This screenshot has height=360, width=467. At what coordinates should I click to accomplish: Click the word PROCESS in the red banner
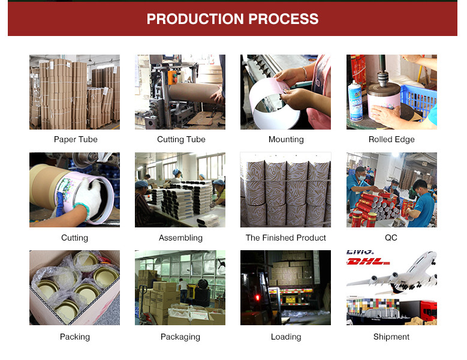click(x=283, y=19)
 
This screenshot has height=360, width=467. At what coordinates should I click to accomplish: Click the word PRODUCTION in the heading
click(x=195, y=19)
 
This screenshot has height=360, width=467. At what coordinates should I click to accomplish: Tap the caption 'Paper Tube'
click(x=76, y=139)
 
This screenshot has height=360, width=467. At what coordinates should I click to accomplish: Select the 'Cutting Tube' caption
click(x=181, y=139)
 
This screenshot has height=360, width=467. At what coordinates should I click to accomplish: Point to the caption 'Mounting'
click(x=286, y=139)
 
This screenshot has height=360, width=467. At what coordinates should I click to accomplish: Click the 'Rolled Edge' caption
click(x=391, y=139)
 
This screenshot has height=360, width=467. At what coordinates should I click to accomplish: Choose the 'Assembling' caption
click(x=180, y=238)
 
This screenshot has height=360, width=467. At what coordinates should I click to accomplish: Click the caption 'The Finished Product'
click(x=285, y=238)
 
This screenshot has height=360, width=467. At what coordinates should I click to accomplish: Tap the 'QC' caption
click(x=391, y=238)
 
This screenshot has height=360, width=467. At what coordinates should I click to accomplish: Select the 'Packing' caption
click(x=75, y=337)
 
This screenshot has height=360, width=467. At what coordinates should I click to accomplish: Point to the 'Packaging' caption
click(x=180, y=337)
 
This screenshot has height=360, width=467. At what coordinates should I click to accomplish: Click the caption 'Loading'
click(x=286, y=337)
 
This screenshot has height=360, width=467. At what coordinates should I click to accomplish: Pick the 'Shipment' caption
click(x=391, y=337)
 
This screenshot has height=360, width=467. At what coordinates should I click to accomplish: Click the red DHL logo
click(x=368, y=262)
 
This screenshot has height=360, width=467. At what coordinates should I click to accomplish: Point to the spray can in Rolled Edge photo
click(x=355, y=101)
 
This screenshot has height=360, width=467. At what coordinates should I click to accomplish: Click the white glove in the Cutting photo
click(x=89, y=198)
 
